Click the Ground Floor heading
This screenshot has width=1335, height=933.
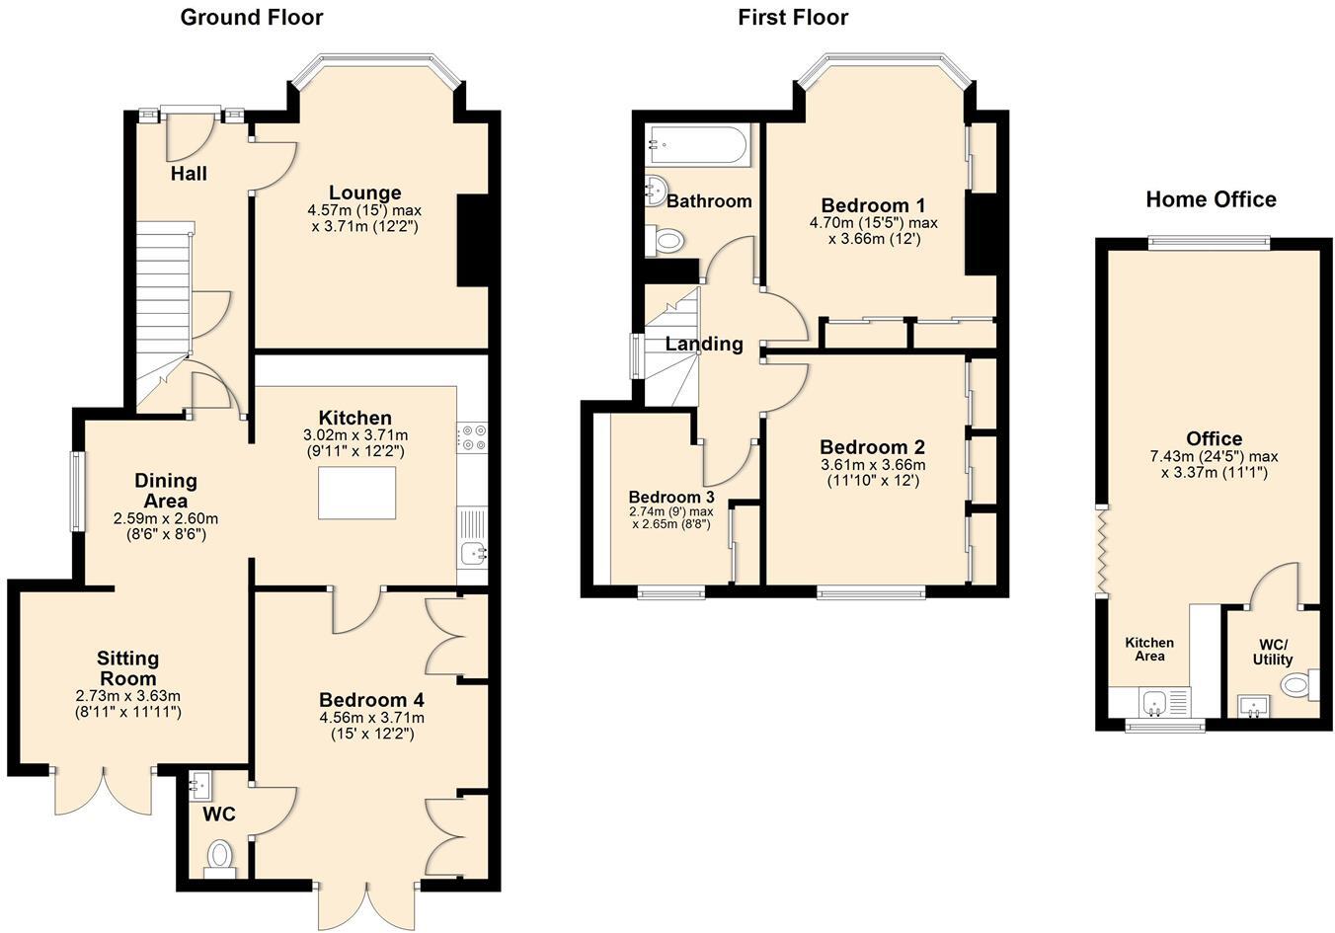pos(252,18)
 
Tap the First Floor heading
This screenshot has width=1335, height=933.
pos(793,18)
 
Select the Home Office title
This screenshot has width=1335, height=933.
pos(1211,199)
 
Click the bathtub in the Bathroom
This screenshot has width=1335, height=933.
pos(697,145)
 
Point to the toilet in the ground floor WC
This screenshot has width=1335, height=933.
pos(219,859)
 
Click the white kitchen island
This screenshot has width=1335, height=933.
pos(357,494)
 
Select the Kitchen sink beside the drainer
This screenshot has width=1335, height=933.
pos(474,554)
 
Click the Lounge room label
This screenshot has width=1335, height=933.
pos(364,193)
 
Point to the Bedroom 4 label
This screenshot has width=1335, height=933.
pos(372,699)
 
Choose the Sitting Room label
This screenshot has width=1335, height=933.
pos(127,667)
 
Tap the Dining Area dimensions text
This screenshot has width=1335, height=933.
pos(166,526)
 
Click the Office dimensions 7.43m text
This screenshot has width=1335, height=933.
pos(1214,465)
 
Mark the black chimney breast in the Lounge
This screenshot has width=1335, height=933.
pos(473,241)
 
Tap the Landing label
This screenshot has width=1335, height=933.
pos(704,344)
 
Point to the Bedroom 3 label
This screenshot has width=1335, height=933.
pos(671,497)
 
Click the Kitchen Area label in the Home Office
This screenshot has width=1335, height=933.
pos(1149,650)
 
